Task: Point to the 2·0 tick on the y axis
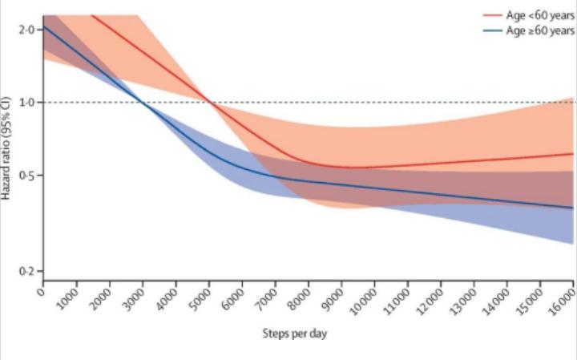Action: (26, 30)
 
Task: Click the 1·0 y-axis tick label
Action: (26, 103)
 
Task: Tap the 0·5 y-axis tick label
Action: (26, 176)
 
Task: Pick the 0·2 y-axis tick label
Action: (26, 272)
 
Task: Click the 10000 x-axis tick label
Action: (365, 301)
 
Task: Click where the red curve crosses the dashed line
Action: (209, 102)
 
